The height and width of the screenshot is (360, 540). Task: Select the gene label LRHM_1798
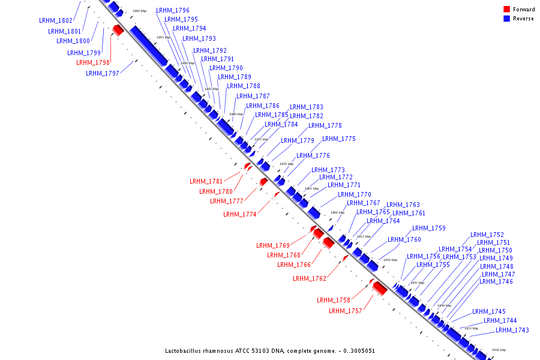tap(93, 62)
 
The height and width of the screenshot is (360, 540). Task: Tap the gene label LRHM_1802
tap(56, 20)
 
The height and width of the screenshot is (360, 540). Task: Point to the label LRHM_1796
tap(173, 11)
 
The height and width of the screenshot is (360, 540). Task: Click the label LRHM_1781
tap(206, 181)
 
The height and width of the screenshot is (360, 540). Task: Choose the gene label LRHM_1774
tap(240, 214)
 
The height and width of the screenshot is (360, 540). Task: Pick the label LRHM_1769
tap(273, 245)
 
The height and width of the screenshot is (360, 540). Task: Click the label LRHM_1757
tap(346, 311)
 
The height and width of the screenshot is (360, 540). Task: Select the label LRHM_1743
tap(512, 331)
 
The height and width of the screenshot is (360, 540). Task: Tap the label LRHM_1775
tap(339, 139)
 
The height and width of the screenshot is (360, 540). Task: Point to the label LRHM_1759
tap(429, 228)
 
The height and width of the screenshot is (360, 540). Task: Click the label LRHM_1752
tap(487, 235)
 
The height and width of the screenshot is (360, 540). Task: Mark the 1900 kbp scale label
tap(139, 11)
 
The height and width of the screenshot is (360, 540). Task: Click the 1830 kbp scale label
tap(499, 350)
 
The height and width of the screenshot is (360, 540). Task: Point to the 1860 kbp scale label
tap(337, 212)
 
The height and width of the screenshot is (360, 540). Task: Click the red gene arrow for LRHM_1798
tap(118, 29)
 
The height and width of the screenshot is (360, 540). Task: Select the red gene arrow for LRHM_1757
tap(379, 289)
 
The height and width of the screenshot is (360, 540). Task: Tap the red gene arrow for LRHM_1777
tap(263, 182)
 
